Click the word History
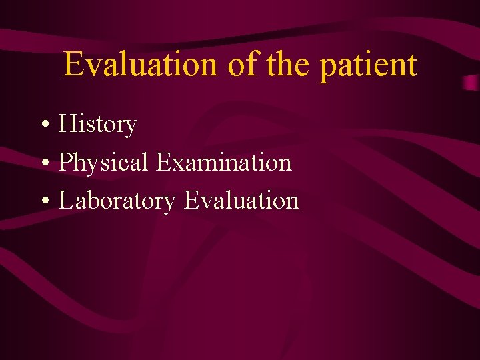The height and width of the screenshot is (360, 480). click(x=97, y=125)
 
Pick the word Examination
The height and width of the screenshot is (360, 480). click(x=224, y=162)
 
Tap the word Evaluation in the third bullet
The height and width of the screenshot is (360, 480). click(x=241, y=200)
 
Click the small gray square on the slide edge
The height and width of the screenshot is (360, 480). click(x=471, y=82)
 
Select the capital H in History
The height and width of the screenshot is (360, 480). click(x=67, y=124)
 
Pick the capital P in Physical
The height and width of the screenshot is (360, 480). click(x=65, y=163)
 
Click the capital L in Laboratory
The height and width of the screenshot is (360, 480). click(x=66, y=201)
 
